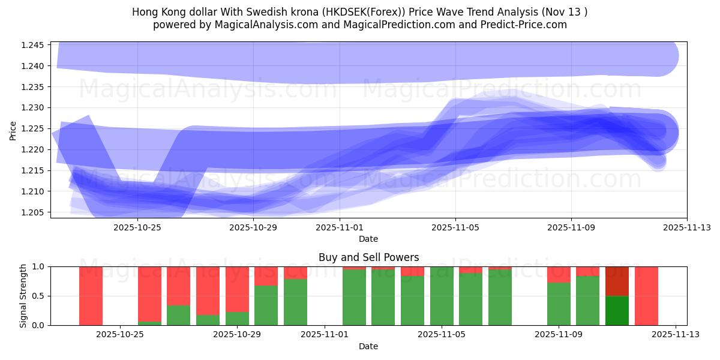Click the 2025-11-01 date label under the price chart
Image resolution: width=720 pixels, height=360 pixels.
[x=340, y=227]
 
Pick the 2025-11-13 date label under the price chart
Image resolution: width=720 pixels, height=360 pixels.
[x=686, y=227]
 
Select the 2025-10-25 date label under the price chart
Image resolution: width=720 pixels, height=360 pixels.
[x=137, y=227]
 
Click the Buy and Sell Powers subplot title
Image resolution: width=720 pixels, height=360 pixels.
[x=368, y=257]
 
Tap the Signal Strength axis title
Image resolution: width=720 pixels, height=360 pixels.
[x=24, y=296]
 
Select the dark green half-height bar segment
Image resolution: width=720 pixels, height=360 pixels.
[x=617, y=310]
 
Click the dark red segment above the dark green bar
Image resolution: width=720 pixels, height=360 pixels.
[x=617, y=281]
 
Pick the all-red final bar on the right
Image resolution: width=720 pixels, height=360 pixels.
[x=646, y=296]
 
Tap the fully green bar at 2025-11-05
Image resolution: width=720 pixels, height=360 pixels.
[x=442, y=296]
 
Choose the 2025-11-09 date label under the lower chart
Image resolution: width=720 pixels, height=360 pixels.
[x=559, y=334]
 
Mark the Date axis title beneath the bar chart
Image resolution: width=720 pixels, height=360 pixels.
[x=368, y=346]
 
